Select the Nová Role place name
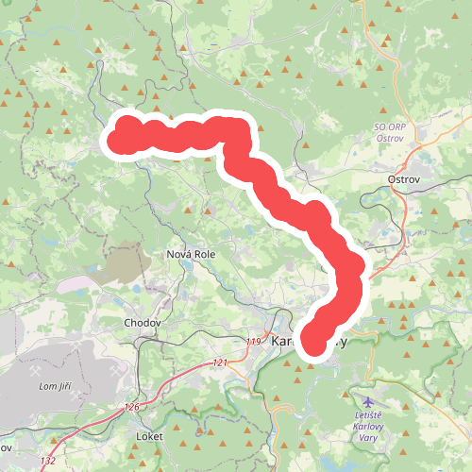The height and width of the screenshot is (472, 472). click(x=193, y=254)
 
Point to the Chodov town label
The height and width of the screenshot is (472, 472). click(x=143, y=322)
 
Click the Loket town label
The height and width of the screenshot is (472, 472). click(x=149, y=437)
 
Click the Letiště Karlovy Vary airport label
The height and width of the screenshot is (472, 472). click(x=367, y=427)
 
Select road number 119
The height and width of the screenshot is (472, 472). click(x=252, y=341)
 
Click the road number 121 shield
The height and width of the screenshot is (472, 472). click(x=220, y=362)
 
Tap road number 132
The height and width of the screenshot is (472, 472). click(x=48, y=460)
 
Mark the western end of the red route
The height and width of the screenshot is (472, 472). click(x=116, y=142)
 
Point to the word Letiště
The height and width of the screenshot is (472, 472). click(x=367, y=416)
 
